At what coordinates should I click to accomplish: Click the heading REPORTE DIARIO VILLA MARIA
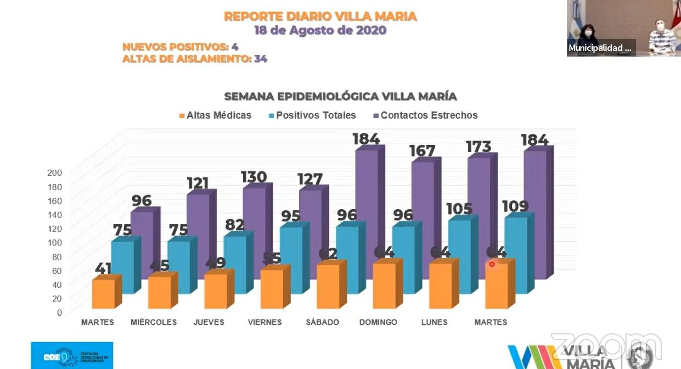[x=320, y=16]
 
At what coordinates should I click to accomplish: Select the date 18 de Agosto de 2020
[x=320, y=31]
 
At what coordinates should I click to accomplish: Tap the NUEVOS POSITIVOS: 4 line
[x=180, y=47]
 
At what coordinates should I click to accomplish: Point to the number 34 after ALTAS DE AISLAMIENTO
[x=261, y=59]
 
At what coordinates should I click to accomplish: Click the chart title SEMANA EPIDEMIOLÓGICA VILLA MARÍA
[x=340, y=97]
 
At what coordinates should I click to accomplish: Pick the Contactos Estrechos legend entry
[x=425, y=115]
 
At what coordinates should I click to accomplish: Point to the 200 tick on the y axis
[x=55, y=172]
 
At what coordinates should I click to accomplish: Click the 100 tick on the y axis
[x=55, y=242]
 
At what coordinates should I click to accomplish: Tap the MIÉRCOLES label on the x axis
[x=154, y=322]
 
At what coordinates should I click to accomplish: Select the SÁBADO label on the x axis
[x=322, y=322]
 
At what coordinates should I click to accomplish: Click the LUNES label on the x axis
[x=434, y=322]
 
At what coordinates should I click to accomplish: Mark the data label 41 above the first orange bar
[x=103, y=269]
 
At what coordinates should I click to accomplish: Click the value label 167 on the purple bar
[x=422, y=151]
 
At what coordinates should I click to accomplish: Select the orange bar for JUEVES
[x=216, y=291]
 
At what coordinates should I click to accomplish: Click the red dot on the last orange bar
[x=492, y=264]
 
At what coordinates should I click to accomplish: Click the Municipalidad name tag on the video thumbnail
[x=600, y=48]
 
